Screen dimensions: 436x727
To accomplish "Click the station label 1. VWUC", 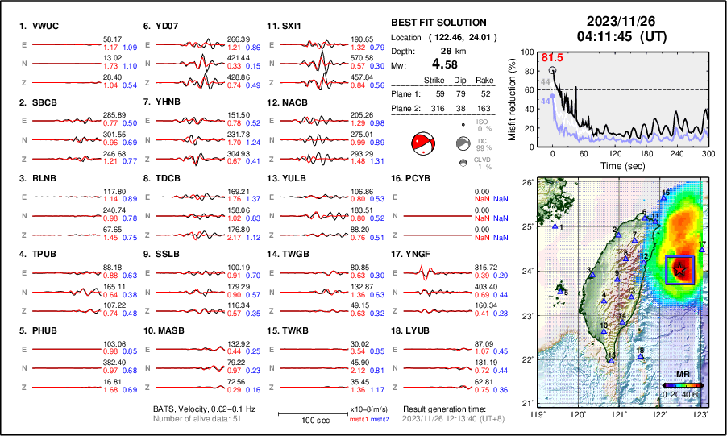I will click(39, 26).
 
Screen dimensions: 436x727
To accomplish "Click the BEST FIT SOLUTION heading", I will click(438, 23).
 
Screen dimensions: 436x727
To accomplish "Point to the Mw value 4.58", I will click(448, 64).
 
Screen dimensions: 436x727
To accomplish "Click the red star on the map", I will click(681, 270).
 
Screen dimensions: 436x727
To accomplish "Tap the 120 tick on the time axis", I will click(615, 153).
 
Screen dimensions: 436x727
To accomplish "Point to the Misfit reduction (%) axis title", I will click(513, 99).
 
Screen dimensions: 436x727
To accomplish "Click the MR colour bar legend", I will click(681, 384).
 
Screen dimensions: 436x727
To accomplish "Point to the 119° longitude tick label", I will click(536, 413).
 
